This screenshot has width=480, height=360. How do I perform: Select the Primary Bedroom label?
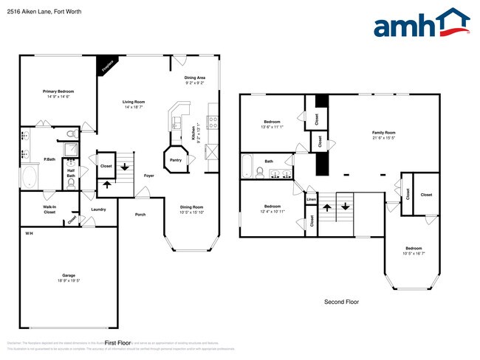(x=58, y=91)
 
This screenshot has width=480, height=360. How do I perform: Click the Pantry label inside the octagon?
(x=176, y=159)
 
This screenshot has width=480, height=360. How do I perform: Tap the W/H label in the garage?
(x=28, y=233)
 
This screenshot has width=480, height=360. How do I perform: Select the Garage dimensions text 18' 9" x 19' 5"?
(x=69, y=280)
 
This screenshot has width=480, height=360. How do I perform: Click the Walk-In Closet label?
(x=50, y=210)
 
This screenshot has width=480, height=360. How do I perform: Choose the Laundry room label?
(x=98, y=210)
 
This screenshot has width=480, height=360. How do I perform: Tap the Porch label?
(x=140, y=215)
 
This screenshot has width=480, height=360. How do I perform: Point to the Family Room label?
(x=383, y=133)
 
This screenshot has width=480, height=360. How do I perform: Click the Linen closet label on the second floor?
(x=311, y=199)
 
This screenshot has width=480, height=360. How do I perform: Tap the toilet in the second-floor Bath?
(x=260, y=173)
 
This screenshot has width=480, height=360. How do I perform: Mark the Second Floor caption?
(x=342, y=302)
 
